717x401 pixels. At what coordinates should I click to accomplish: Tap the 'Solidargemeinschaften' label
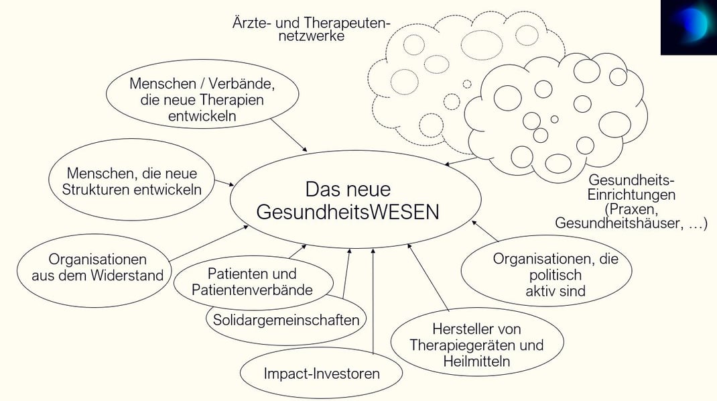(x=286, y=319)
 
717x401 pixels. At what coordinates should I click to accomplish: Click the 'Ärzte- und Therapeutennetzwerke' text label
(x=312, y=29)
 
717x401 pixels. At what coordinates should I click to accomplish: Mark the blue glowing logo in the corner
(x=689, y=27)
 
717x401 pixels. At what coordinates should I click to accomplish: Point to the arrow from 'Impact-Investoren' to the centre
(x=373, y=301)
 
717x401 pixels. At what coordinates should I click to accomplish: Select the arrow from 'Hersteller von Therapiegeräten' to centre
(x=428, y=278)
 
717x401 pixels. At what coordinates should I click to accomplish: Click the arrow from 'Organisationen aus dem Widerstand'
(x=209, y=243)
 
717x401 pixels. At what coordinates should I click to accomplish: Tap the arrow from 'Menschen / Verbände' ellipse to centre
(x=289, y=135)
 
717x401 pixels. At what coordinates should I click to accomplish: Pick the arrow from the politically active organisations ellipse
(x=484, y=231)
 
